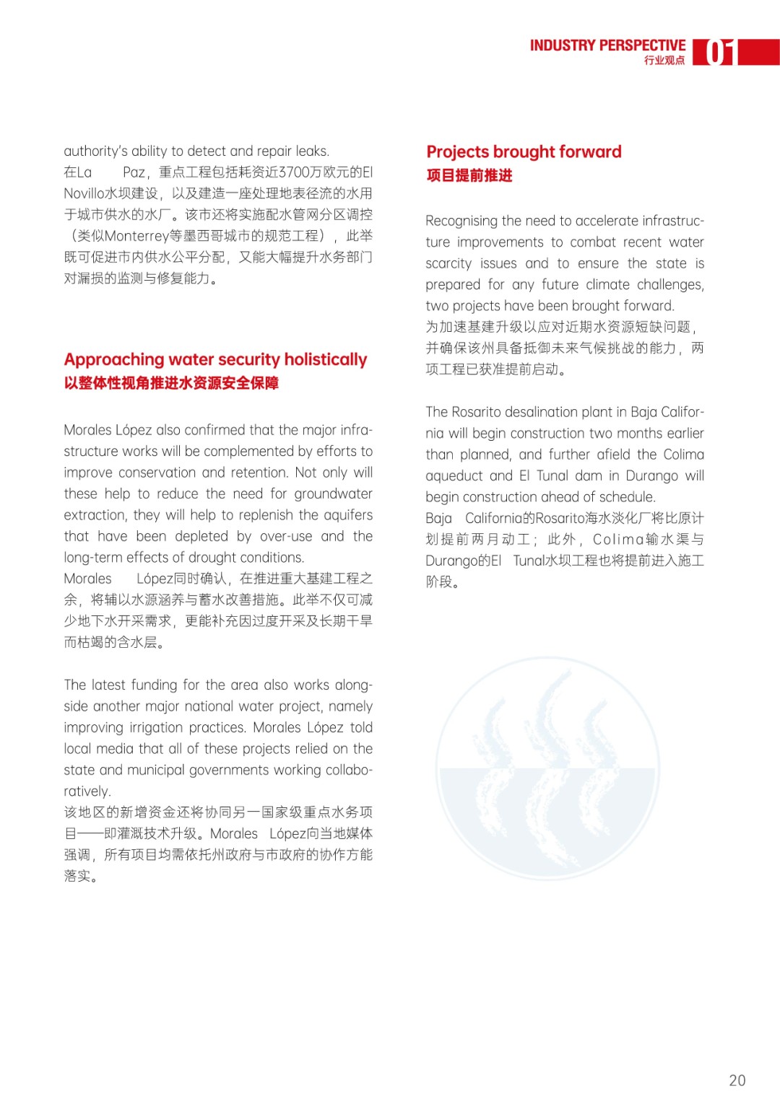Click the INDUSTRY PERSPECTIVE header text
[x=607, y=45]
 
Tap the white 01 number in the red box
[x=719, y=53]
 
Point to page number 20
[x=737, y=1080]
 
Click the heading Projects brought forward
[x=524, y=152]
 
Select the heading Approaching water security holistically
[x=215, y=359]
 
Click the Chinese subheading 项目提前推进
[x=469, y=175]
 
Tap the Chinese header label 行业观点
[x=664, y=61]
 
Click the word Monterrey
[x=136, y=236]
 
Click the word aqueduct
[x=454, y=475]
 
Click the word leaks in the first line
[x=311, y=151]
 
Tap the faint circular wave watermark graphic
[x=548, y=765]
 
